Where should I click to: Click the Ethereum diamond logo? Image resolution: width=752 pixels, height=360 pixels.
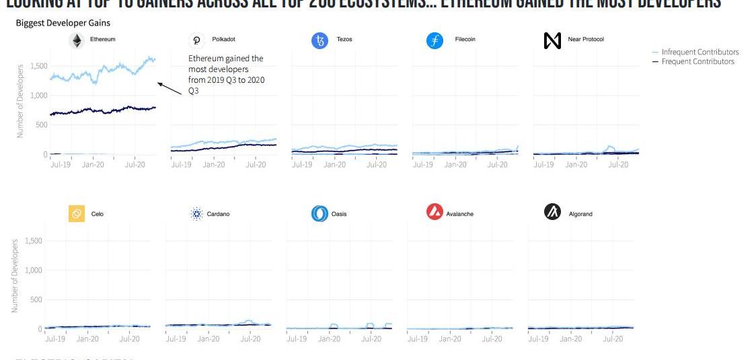coord(77,41)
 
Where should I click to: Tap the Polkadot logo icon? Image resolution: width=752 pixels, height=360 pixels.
coord(197,41)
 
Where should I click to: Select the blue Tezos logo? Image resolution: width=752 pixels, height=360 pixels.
coord(319,41)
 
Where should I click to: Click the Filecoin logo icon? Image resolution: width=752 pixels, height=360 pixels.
coord(435,41)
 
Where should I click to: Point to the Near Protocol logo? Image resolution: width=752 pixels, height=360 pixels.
coord(552,41)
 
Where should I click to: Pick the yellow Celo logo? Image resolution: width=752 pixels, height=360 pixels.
coord(76,215)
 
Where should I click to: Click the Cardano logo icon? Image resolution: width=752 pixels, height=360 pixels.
coord(196,215)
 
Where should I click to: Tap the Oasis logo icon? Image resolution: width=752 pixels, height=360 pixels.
coord(319,215)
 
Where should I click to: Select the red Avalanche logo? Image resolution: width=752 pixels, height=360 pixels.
coord(435,213)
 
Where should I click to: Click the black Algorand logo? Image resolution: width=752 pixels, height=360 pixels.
coord(553,214)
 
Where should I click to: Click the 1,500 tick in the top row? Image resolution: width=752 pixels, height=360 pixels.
coord(38,66)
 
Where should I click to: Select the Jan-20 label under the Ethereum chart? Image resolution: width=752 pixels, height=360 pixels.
coord(93,164)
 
